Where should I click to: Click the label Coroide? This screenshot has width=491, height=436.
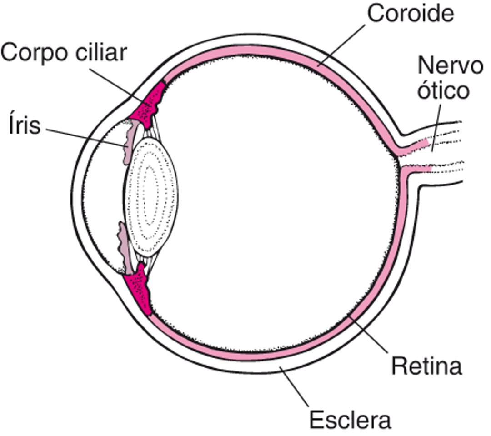[410, 14]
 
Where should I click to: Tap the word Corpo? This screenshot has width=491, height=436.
[31, 53]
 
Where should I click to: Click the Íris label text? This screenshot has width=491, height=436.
[24, 126]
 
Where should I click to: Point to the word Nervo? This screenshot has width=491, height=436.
[450, 66]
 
